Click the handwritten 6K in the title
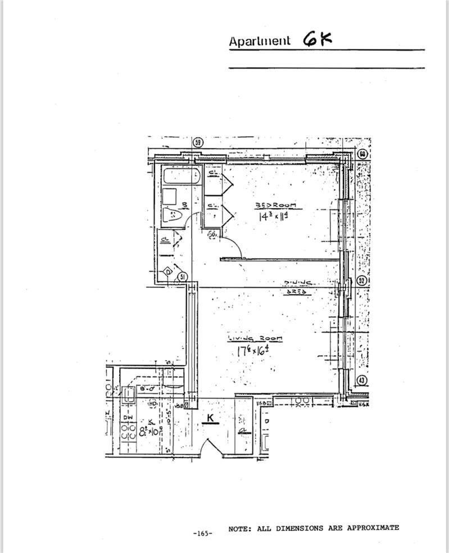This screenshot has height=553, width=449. [x=317, y=39]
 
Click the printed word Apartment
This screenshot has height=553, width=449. [x=260, y=41]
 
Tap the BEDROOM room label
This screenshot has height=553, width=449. [x=269, y=205]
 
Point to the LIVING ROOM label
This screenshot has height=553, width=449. [x=255, y=339]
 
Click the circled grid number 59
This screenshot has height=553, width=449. [x=197, y=142]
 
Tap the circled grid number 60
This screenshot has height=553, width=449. [x=362, y=154]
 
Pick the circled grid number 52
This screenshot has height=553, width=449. [x=362, y=281]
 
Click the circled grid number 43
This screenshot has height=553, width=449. [x=362, y=381]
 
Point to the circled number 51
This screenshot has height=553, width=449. [x=182, y=277]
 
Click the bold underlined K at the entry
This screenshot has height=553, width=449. [x=210, y=419]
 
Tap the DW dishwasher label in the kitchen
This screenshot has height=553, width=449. [x=128, y=419]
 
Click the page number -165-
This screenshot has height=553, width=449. [x=202, y=533]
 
